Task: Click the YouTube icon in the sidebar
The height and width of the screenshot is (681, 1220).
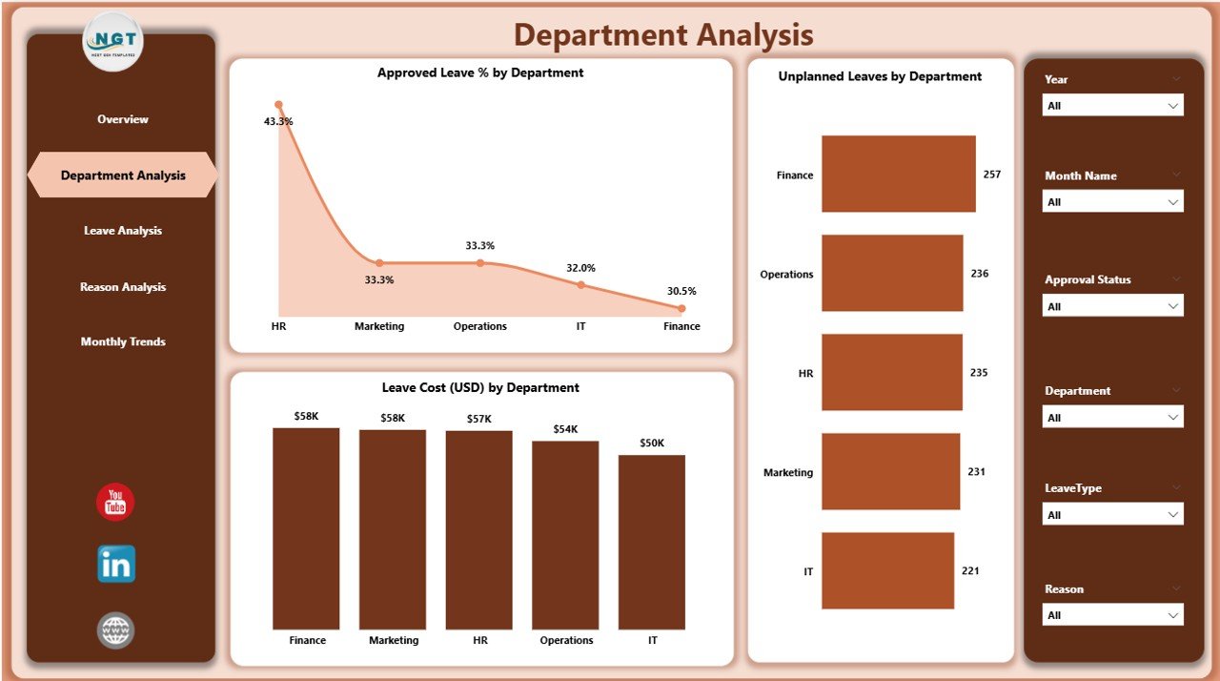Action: tap(115, 502)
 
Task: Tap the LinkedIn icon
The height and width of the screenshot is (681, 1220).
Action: tap(115, 564)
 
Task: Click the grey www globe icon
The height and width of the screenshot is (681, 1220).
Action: tap(115, 630)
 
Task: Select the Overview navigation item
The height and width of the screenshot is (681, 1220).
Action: tap(123, 119)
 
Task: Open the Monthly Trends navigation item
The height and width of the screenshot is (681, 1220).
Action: tap(123, 341)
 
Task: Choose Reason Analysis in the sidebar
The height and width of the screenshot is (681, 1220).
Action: tap(123, 287)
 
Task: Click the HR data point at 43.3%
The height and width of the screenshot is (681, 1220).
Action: tap(278, 105)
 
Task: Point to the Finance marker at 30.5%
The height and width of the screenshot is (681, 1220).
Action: tap(681, 308)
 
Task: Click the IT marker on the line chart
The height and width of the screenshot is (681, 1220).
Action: tap(580, 284)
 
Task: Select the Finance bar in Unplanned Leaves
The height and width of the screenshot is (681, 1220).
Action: tap(898, 174)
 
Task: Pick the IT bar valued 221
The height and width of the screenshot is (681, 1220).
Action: tap(887, 570)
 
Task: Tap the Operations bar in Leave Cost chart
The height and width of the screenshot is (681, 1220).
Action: tap(566, 534)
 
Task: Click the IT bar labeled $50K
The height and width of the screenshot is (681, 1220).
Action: tap(652, 542)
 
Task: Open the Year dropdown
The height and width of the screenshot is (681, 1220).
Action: tap(1112, 106)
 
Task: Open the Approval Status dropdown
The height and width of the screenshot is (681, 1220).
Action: tap(1112, 306)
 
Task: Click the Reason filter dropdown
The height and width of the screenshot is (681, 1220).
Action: tap(1112, 615)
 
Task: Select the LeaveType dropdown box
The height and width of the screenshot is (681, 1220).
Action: tap(1112, 515)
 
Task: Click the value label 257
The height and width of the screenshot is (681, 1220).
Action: tap(992, 175)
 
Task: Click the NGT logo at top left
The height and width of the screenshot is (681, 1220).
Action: tap(114, 41)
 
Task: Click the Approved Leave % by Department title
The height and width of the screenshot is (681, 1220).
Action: tap(480, 72)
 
